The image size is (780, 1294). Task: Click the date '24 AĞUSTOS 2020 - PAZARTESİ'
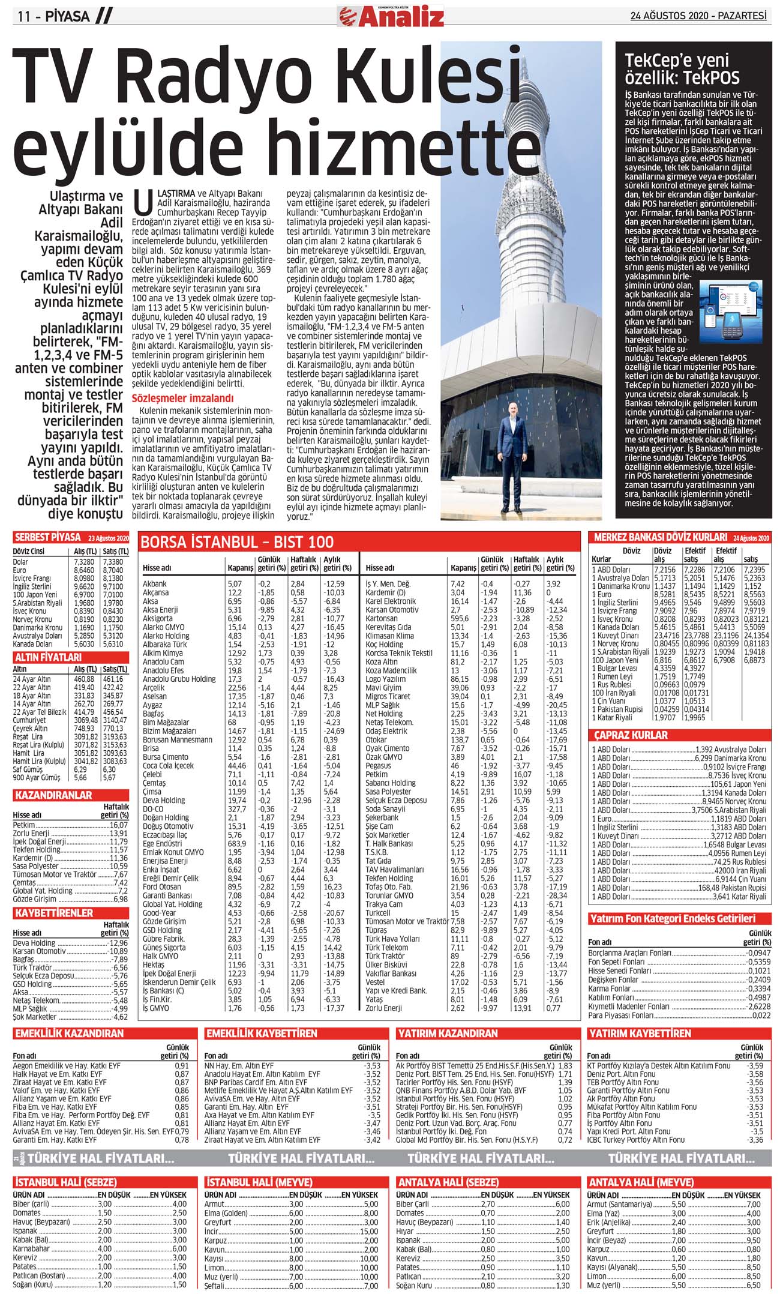pyautogui.click(x=698, y=16)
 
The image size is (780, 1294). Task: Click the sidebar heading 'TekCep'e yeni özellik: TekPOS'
pyautogui.click(x=682, y=68)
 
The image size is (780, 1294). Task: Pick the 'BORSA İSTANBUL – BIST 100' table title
pyautogui.click(x=237, y=542)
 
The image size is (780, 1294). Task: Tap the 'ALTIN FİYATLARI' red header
pyautogui.click(x=48, y=657)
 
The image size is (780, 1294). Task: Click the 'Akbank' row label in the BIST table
pyautogui.click(x=155, y=583)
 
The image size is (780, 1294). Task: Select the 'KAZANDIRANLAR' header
pyautogui.click(x=53, y=795)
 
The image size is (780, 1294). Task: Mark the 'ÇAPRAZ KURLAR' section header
pyautogui.click(x=631, y=735)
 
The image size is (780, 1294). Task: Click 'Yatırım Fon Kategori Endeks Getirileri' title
pyautogui.click(x=671, y=919)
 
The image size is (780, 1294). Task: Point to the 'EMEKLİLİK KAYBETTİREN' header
pyautogui.click(x=261, y=1034)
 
